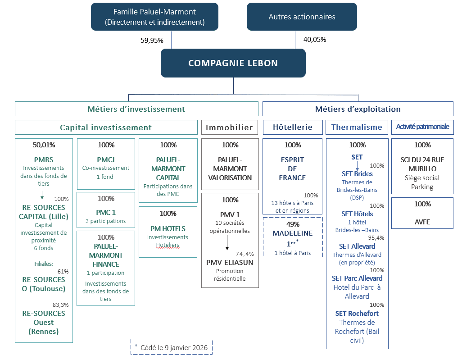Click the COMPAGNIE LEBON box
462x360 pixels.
233,63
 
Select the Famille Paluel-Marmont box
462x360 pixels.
154,17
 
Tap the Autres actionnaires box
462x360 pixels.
302,17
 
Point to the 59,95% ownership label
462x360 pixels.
152,40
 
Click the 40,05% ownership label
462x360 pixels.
315,40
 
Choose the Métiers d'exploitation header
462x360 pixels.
358,109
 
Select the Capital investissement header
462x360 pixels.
106,128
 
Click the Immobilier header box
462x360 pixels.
230,128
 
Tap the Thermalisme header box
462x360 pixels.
357,128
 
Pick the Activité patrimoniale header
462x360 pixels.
422,127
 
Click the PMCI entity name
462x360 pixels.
106,159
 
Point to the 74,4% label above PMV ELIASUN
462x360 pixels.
245,254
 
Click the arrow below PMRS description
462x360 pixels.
42,195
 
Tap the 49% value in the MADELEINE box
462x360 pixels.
292,223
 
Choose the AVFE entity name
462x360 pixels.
422,222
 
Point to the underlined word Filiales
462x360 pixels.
44,264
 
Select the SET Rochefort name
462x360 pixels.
357,313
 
